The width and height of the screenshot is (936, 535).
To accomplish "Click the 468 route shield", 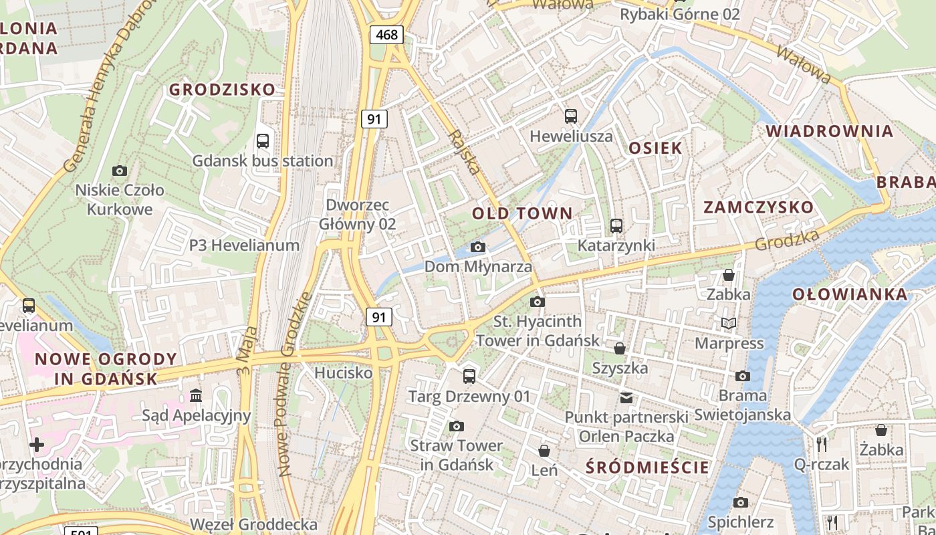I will pos(387,34).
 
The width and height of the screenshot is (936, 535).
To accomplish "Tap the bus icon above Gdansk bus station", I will pos(263,141).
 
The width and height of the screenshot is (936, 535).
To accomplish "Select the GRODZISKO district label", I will pos(222,90).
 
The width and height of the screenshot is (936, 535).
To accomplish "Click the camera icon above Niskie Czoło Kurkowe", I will pos(120,171).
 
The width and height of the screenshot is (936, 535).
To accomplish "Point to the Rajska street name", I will pos(465,152).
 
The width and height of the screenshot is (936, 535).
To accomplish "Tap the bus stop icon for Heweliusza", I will pos(571,116).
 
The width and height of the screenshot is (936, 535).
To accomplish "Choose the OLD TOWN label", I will pos(522,214).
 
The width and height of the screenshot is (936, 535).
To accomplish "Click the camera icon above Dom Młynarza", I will pos(477,247).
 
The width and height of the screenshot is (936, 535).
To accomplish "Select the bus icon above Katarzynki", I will pos(616,226).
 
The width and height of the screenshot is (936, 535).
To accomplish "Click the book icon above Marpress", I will pos(728,324).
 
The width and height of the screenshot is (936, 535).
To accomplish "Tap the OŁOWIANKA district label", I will pos(850,294).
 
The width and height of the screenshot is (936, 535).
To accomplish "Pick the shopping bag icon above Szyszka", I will pos(620,348).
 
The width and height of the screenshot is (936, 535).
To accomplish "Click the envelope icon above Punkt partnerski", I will pos(626,398).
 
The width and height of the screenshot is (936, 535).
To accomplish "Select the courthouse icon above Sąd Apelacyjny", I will pos(196,396).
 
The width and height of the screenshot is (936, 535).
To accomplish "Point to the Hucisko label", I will pos(343,372).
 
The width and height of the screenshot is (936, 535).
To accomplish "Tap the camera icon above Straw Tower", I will pos(457,426).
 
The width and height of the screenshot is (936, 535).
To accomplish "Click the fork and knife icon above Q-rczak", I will pos(822,444).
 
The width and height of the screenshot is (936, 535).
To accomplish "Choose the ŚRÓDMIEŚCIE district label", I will pos(647,467).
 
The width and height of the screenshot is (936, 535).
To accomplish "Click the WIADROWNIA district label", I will pos(829,131).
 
